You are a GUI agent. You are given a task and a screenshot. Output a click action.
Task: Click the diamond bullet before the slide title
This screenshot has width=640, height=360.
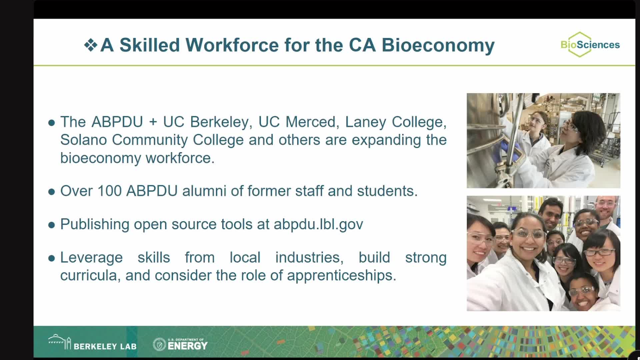tap(91, 45)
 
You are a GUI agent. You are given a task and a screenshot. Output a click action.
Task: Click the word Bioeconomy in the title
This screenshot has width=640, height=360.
tap(438, 45)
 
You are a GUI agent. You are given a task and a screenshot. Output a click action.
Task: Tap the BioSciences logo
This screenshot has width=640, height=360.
tap(590, 45)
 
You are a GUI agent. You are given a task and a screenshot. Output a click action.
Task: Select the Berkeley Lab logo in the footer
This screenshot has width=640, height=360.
tap(92, 343)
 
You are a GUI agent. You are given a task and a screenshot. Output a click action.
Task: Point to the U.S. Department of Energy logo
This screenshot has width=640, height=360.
tap(180, 344)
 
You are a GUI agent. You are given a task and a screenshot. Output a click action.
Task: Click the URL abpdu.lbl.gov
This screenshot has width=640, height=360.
tap(318, 224)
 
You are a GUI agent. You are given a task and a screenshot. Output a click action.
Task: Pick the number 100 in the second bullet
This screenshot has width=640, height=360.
tap(109, 191)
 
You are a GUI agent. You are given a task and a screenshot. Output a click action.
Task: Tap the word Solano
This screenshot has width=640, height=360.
tap(83, 140)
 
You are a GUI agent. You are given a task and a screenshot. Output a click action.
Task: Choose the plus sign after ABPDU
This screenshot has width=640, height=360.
tap(153, 122)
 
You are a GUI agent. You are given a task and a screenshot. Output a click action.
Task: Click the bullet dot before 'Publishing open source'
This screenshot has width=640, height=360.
tap(51, 225)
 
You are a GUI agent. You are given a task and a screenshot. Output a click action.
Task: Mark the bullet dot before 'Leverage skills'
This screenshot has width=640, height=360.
tap(51, 258)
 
